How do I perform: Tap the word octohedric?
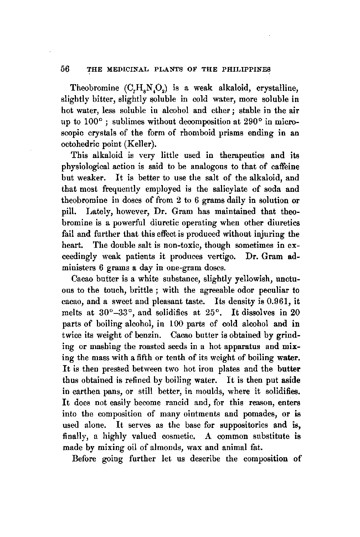(85, 144)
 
